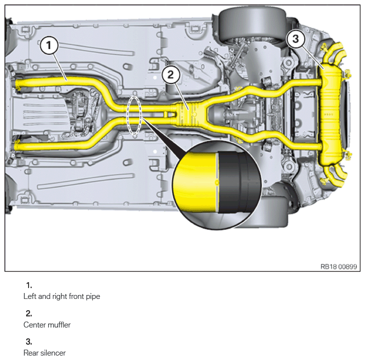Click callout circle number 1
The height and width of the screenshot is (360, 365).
pos(49,45)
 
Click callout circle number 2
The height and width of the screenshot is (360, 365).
pos(170,75)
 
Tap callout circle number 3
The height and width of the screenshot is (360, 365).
pos(296,38)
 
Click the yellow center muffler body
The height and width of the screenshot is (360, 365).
pos(186,114)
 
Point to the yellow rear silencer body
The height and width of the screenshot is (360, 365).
pos(331,115)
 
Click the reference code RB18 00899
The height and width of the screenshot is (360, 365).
pos(339,267)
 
